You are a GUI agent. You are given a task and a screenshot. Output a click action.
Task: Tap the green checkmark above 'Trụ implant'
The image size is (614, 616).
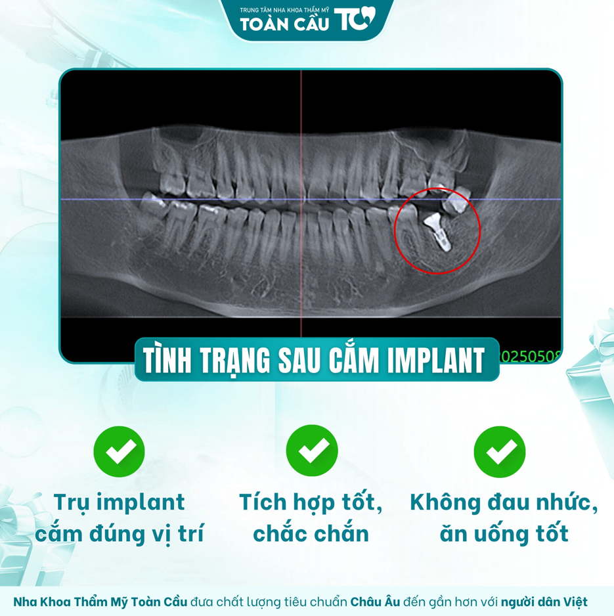coord(119,451)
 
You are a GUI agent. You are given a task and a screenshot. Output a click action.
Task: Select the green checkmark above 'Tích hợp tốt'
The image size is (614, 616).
coord(312,451)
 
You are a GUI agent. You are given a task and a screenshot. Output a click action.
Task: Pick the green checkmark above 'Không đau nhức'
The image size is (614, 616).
coord(500,451)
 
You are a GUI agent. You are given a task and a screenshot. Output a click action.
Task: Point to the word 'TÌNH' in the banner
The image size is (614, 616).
coord(169,360)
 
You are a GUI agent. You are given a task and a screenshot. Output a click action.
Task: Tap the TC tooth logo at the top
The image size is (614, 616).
coord(355,20)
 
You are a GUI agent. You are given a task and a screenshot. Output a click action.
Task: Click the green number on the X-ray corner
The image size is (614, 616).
coord(531,355)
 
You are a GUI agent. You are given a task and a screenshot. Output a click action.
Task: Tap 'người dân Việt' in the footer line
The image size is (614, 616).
coord(544,602)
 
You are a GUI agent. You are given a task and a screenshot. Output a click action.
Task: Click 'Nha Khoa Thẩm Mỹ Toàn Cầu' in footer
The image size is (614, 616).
coord(100,602)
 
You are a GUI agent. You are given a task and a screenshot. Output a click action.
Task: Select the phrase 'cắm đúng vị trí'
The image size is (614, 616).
coord(119,534)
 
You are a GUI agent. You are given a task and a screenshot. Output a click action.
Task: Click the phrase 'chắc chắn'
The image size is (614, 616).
coord(311,534)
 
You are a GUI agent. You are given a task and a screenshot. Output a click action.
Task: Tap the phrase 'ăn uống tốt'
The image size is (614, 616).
coord(504,534)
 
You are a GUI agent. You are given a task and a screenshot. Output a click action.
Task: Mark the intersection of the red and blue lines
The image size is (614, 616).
coord(301,199)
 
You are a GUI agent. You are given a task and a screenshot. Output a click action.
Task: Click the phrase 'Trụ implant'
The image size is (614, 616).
coord(119,502)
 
